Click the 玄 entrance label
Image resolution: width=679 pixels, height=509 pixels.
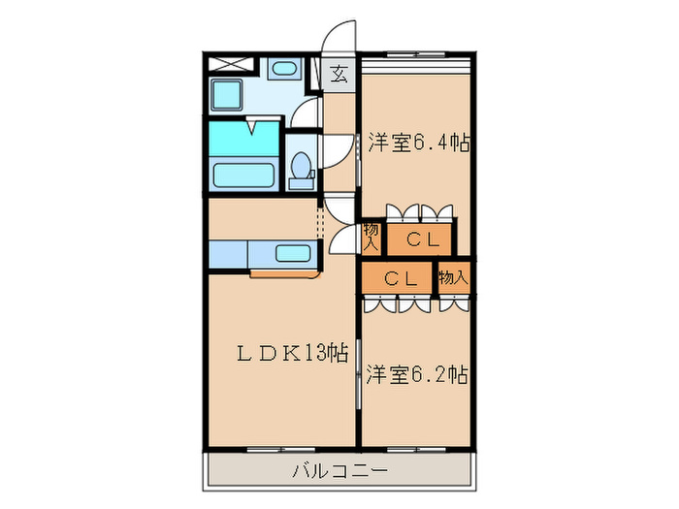point(339,74)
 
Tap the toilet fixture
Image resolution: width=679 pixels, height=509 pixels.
point(301,166)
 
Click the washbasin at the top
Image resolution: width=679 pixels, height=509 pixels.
point(283,68)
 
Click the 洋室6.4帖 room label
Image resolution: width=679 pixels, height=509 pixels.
point(419,143)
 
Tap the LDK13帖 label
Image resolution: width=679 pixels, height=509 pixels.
point(279,353)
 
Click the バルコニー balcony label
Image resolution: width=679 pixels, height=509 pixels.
point(339,472)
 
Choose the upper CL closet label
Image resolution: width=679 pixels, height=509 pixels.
point(423,239)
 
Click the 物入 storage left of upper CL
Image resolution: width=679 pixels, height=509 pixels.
point(372,237)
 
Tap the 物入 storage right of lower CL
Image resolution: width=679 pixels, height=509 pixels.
point(453,277)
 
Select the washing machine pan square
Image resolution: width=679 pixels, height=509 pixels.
point(232,96)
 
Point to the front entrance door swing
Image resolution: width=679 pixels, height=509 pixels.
point(339,37)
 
